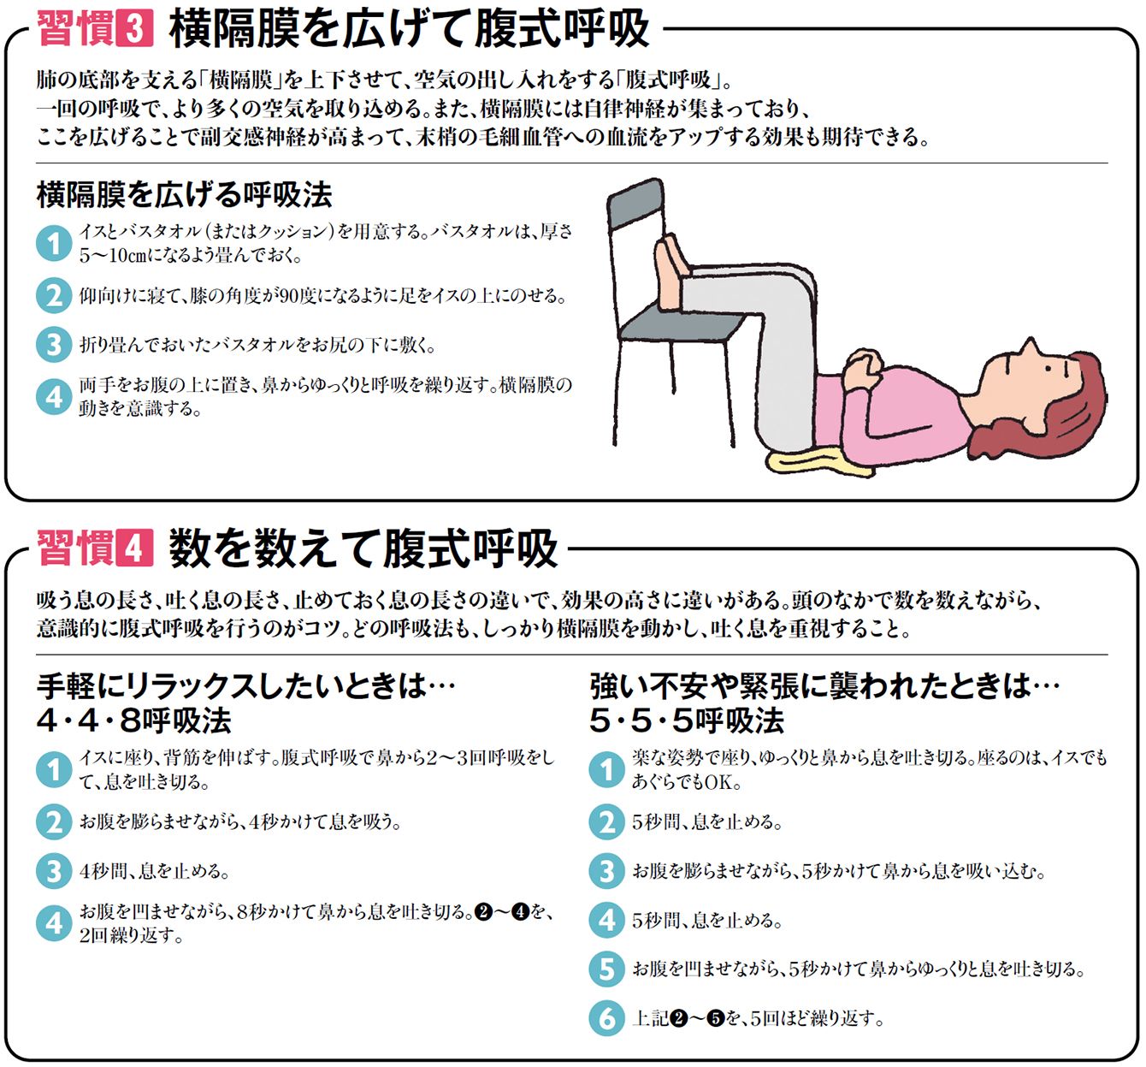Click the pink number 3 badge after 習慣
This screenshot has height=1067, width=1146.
click(x=135, y=29)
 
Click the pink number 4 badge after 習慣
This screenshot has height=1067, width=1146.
click(x=135, y=548)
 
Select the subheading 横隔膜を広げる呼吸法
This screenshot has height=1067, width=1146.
click(x=185, y=194)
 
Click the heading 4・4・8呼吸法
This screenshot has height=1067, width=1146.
click(x=134, y=720)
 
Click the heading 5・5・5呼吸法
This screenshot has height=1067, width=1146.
click(x=687, y=720)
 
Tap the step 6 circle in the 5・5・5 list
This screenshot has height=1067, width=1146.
click(x=607, y=1018)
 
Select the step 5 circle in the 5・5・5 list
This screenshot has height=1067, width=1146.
click(x=607, y=969)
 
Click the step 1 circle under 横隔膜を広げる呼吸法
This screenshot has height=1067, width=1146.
click(x=54, y=243)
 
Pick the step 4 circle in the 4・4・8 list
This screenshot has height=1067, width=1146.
click(x=54, y=923)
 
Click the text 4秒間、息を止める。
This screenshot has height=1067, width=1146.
click(x=155, y=871)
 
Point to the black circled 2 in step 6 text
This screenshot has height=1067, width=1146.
click(x=678, y=1019)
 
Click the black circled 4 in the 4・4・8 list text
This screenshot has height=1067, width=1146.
click(x=521, y=912)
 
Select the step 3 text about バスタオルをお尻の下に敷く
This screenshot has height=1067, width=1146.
click(x=257, y=346)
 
